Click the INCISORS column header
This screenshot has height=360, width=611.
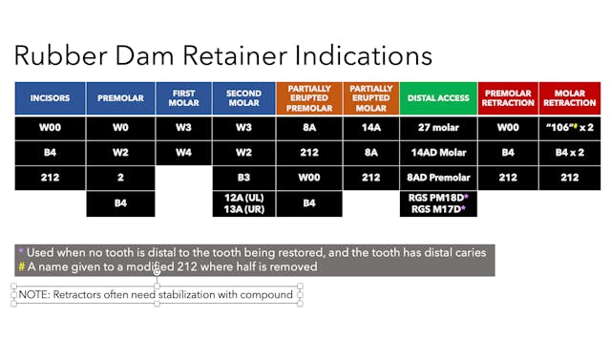50,97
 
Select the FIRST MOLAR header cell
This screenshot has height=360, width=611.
182,97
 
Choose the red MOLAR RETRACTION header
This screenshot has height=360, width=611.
569,97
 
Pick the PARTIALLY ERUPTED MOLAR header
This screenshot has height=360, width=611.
369,97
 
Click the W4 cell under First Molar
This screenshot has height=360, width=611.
182,152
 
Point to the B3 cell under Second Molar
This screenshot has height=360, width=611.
243,177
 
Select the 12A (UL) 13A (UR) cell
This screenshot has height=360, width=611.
243,202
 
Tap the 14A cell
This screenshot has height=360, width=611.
369,127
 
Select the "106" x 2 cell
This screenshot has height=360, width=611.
569,127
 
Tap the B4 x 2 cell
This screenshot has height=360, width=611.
569,152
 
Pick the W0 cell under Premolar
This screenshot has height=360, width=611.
119,127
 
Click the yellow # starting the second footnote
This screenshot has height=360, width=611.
21,266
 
